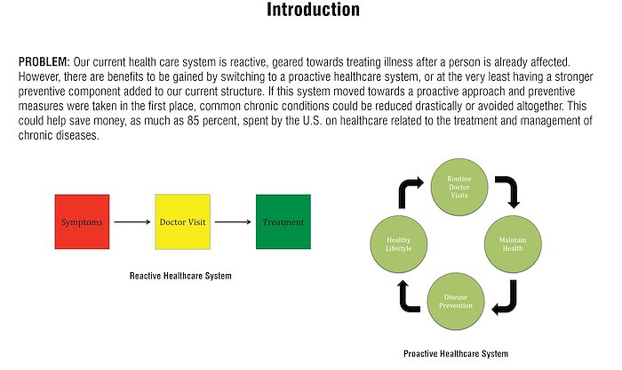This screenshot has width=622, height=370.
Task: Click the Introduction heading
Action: click(313, 10)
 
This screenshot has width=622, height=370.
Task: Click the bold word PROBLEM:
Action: click(44, 62)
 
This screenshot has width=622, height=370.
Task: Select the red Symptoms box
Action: click(82, 222)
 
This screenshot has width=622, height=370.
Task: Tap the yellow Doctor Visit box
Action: click(183, 222)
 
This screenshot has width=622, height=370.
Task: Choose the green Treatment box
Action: click(283, 222)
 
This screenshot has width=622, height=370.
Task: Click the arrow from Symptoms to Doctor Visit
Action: click(132, 222)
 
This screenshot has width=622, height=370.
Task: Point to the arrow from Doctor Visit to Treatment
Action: click(233, 222)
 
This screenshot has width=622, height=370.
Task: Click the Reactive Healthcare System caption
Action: click(180, 276)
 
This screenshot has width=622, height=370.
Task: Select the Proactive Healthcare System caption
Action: click(456, 353)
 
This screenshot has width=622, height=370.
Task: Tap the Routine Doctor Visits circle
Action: click(459, 187)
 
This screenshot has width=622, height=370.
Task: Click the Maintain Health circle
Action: click(513, 245)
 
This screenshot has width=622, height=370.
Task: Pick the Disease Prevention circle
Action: click(456, 302)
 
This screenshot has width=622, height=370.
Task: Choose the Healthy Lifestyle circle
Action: click(399, 245)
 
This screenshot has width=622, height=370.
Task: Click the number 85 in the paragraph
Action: click(193, 121)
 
